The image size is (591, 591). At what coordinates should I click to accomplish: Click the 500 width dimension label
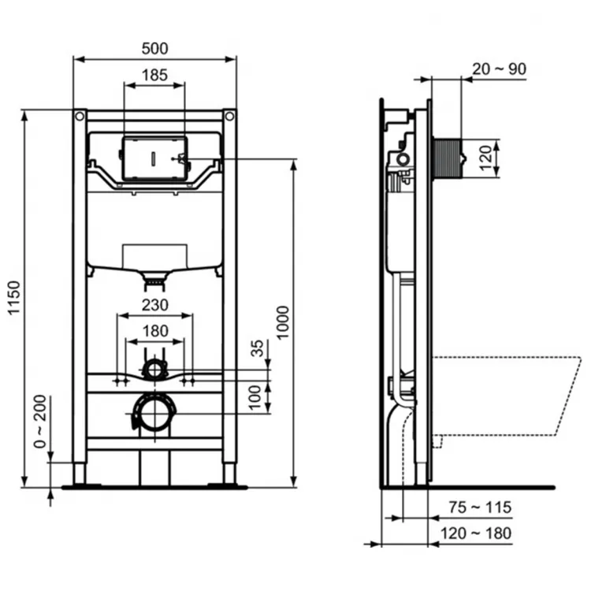click(154, 49)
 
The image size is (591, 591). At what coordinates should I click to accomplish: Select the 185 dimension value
click(154, 76)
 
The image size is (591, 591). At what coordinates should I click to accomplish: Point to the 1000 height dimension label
click(284, 322)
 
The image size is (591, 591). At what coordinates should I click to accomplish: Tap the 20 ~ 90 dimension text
click(499, 69)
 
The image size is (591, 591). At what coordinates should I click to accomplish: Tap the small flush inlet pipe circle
click(154, 368)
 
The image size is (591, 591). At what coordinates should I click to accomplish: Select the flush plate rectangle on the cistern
click(154, 157)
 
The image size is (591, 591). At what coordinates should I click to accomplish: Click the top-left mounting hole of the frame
click(80, 116)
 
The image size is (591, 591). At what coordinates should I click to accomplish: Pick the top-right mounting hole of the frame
click(229, 116)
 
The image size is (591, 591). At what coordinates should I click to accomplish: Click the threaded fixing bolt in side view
click(452, 157)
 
